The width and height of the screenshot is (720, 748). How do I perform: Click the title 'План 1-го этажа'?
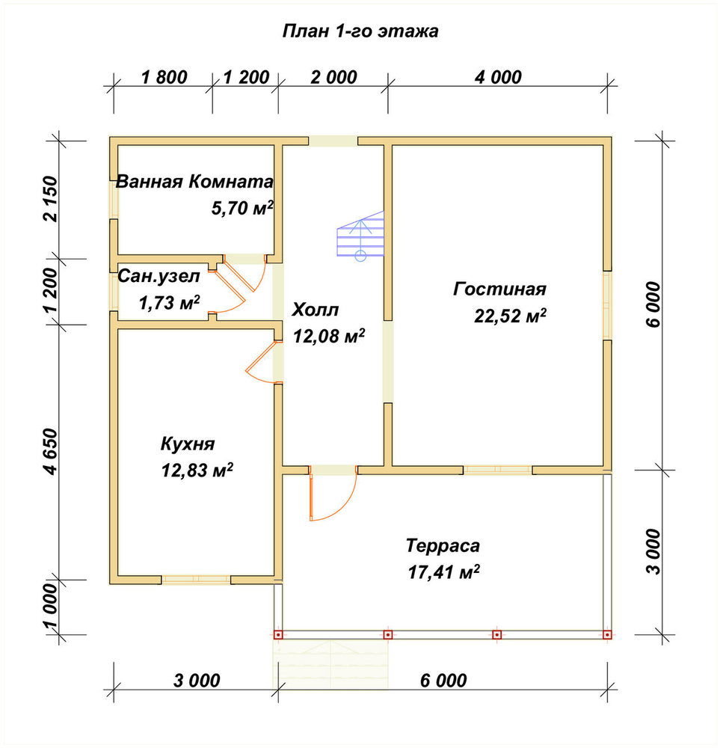[x=360, y=31]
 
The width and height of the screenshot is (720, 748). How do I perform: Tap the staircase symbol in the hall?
[x=360, y=235]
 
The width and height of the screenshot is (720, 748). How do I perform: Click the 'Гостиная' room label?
[x=499, y=289]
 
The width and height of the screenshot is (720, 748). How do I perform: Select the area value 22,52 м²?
[x=510, y=316]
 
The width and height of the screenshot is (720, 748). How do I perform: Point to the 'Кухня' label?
[x=188, y=444]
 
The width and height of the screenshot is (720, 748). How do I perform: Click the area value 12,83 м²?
[x=197, y=470]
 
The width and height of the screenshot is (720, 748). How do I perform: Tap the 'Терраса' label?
[x=443, y=545]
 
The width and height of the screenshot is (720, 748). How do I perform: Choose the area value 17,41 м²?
[x=443, y=571]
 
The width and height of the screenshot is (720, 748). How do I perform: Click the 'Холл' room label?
[x=316, y=310]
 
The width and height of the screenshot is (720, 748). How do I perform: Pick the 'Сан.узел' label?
[x=159, y=276]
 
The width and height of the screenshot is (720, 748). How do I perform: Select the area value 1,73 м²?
[x=169, y=302]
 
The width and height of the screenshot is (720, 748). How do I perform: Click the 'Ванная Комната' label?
[x=194, y=182]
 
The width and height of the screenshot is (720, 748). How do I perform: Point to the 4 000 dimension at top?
[x=498, y=77]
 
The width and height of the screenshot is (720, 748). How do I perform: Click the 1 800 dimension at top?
[x=164, y=77]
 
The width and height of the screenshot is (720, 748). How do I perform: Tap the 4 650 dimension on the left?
[x=49, y=451]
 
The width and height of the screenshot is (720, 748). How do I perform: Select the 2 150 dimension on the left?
[x=49, y=199]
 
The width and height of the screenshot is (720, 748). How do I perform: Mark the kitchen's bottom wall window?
[x=196, y=580]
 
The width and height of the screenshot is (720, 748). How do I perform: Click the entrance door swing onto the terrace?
[x=333, y=496]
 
